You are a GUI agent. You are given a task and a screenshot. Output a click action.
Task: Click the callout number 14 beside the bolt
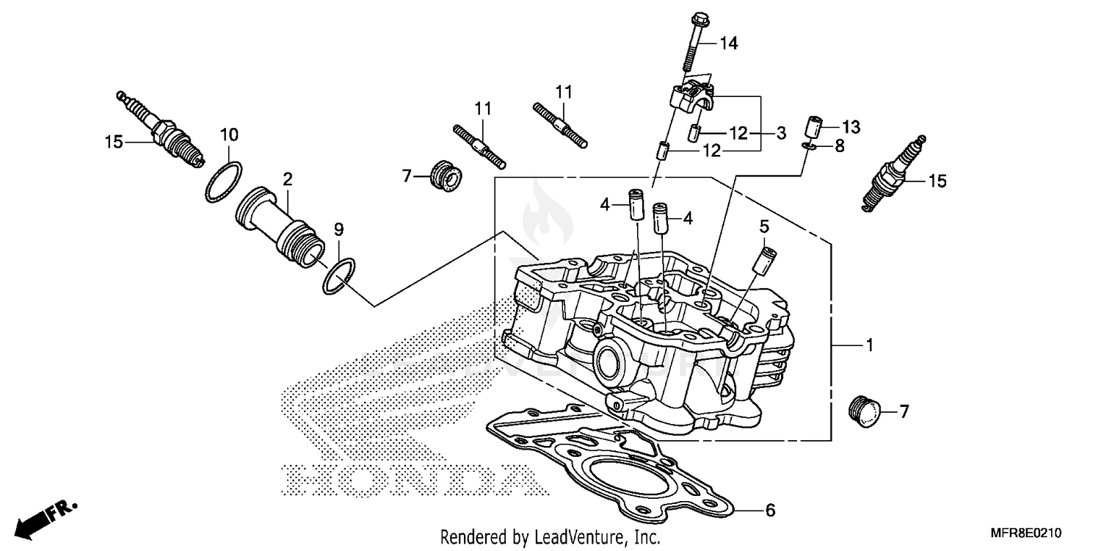point(727,44)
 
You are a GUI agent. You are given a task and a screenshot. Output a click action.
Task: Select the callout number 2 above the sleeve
point(288,179)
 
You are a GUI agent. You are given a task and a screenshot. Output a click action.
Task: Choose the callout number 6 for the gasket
point(769,510)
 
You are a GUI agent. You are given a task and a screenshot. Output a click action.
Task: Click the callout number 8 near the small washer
point(839,146)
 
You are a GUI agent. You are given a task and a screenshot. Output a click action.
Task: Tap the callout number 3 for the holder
point(781,133)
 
